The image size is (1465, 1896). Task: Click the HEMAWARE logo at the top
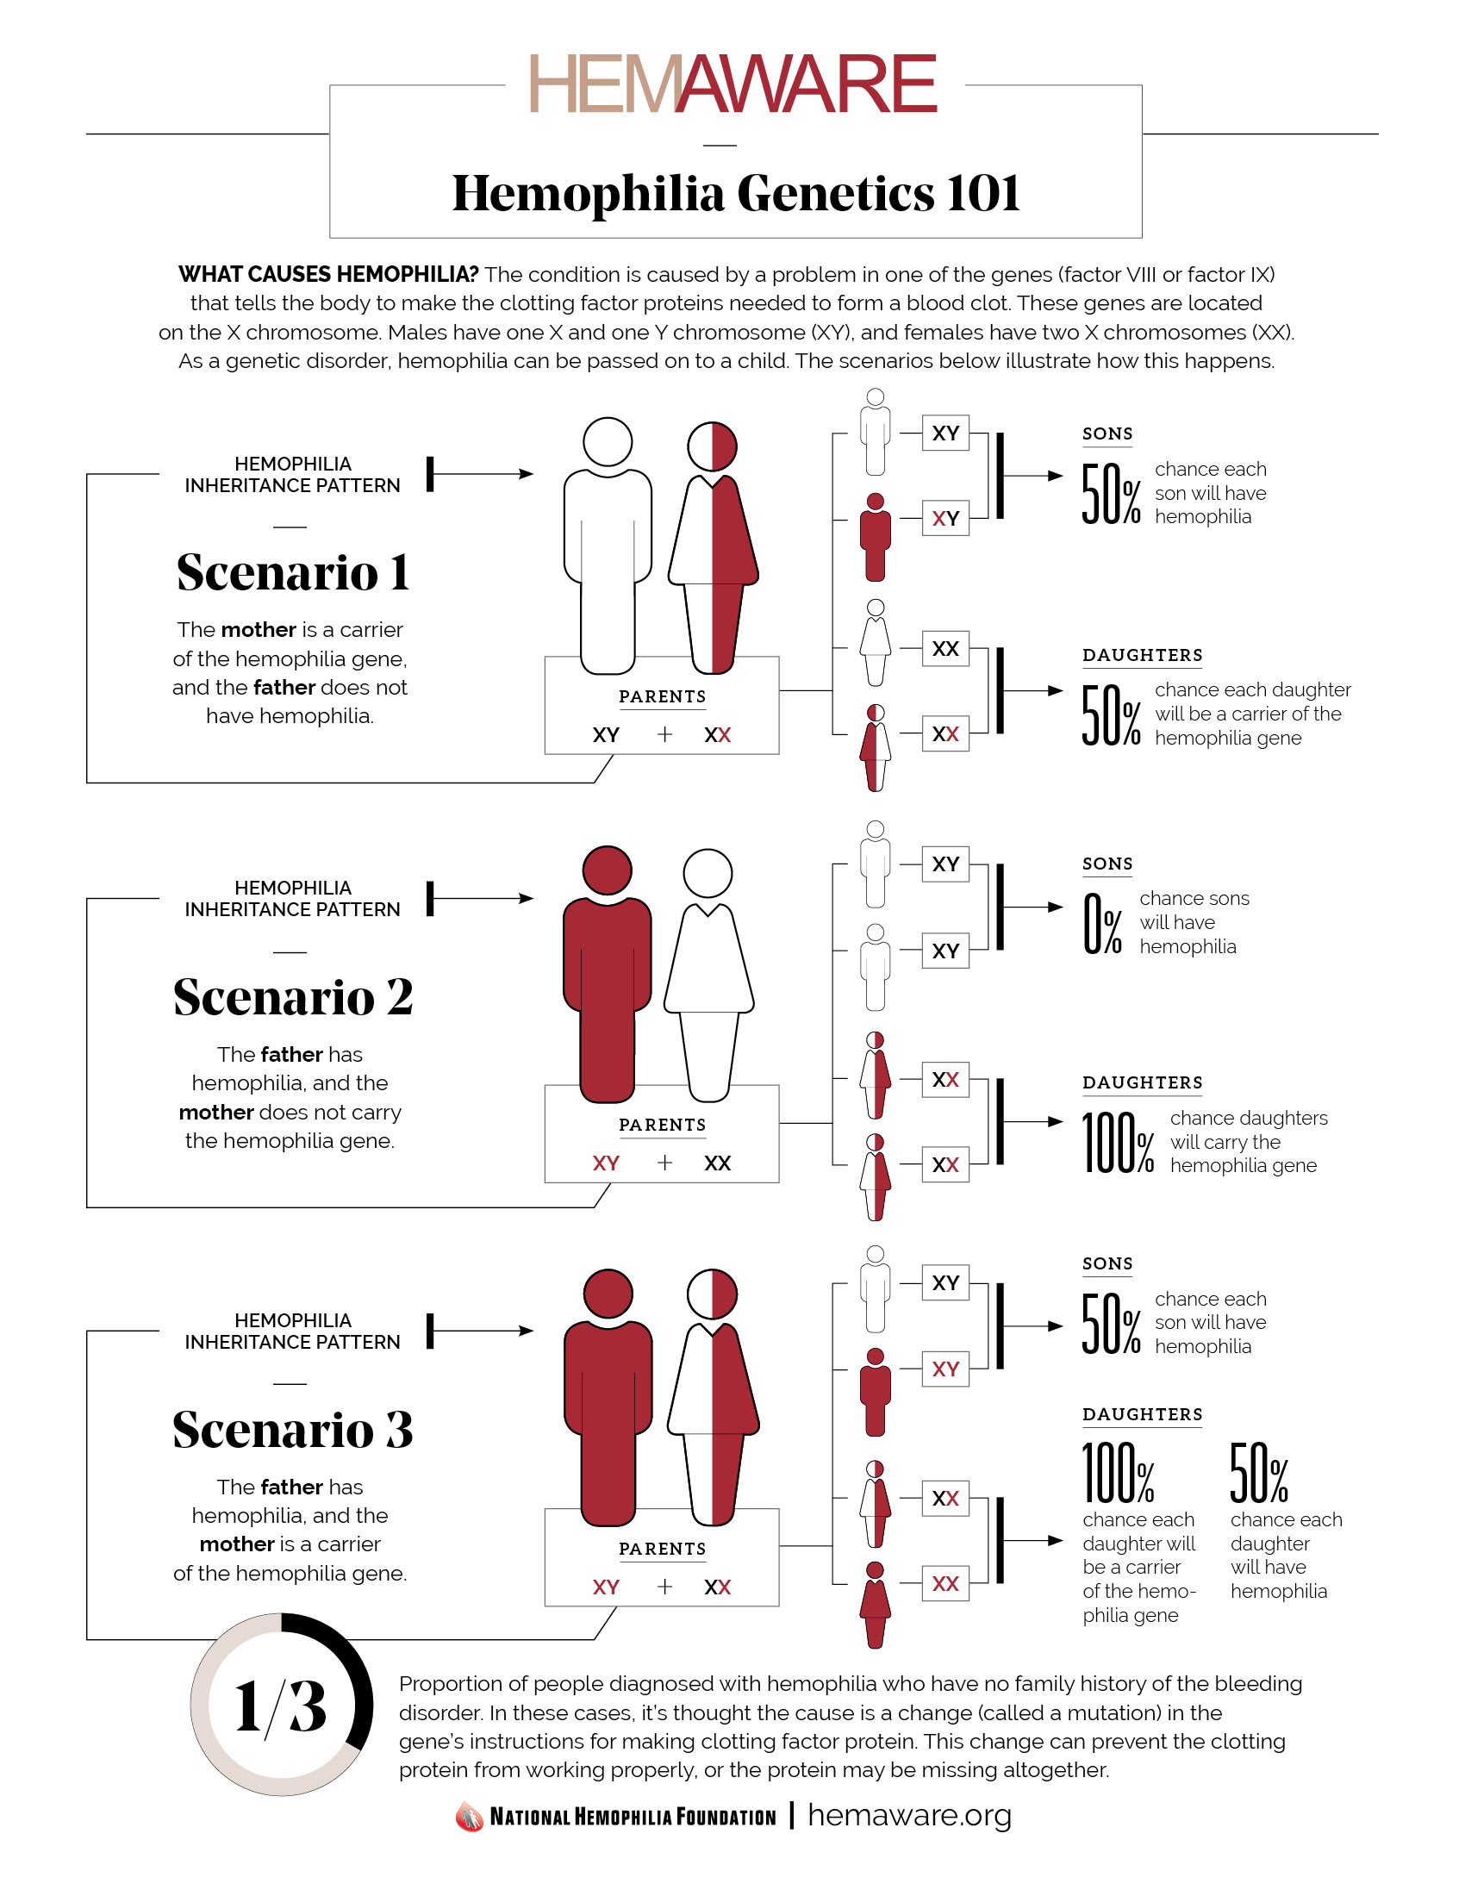click(733, 84)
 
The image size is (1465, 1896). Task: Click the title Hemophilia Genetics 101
click(735, 193)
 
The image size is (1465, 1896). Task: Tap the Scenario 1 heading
click(292, 573)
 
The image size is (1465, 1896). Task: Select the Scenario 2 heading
click(292, 997)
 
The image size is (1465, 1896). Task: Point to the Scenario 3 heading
click(292, 1430)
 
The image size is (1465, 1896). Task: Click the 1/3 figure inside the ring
click(280, 1706)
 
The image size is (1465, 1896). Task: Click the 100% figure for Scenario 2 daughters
click(1118, 1143)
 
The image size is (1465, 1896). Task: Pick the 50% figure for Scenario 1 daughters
click(1110, 715)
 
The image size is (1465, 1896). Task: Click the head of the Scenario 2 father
click(607, 870)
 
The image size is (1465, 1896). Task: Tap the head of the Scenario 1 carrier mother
click(712, 446)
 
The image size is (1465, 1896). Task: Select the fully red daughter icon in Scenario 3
click(875, 1603)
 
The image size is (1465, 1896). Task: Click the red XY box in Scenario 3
click(945, 1369)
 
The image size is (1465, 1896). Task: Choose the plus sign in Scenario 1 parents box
click(664, 734)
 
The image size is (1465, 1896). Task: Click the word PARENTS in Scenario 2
click(662, 1125)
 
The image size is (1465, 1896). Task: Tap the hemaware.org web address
click(909, 1815)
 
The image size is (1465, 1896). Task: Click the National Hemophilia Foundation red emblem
click(469, 1816)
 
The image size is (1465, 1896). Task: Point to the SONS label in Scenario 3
click(1107, 1264)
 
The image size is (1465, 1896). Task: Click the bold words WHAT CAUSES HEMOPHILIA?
click(328, 274)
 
